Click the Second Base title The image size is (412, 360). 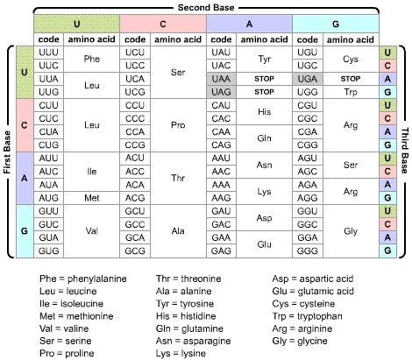tap(206, 6)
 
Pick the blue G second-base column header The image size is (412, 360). tap(334, 22)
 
